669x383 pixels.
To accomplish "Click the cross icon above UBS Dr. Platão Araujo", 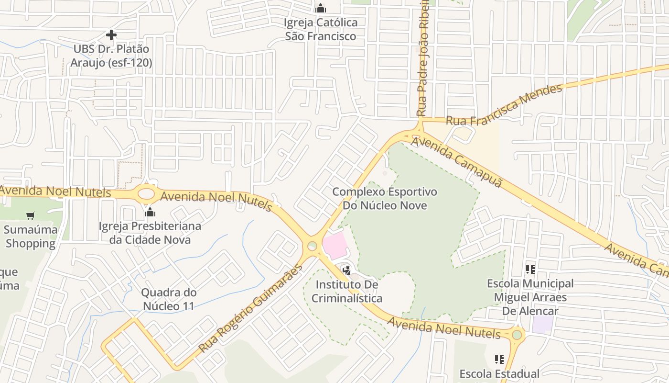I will [111, 35].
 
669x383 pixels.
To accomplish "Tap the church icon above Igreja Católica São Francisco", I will [321, 8].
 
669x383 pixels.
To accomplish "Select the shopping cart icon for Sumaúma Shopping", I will [31, 215].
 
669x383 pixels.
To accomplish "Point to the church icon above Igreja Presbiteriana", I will [150, 212].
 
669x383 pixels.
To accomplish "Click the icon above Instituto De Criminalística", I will [347, 270].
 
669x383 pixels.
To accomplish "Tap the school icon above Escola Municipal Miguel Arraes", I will [530, 270].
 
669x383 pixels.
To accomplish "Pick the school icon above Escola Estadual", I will [499, 359].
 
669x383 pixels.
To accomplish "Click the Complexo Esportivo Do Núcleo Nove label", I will [385, 199].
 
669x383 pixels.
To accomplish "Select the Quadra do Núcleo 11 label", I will [169, 299].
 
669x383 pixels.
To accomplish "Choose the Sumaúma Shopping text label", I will [31, 237].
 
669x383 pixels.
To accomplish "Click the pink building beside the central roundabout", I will [334, 245].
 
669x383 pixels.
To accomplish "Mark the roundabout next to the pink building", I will [312, 246].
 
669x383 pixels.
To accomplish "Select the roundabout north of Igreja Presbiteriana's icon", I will [146, 194].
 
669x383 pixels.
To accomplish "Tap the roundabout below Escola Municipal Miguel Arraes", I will [517, 335].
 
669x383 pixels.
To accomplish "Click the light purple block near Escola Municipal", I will [542, 326].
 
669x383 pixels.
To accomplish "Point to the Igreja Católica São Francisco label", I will [321, 29].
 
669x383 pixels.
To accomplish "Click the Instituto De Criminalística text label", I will [347, 292].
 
